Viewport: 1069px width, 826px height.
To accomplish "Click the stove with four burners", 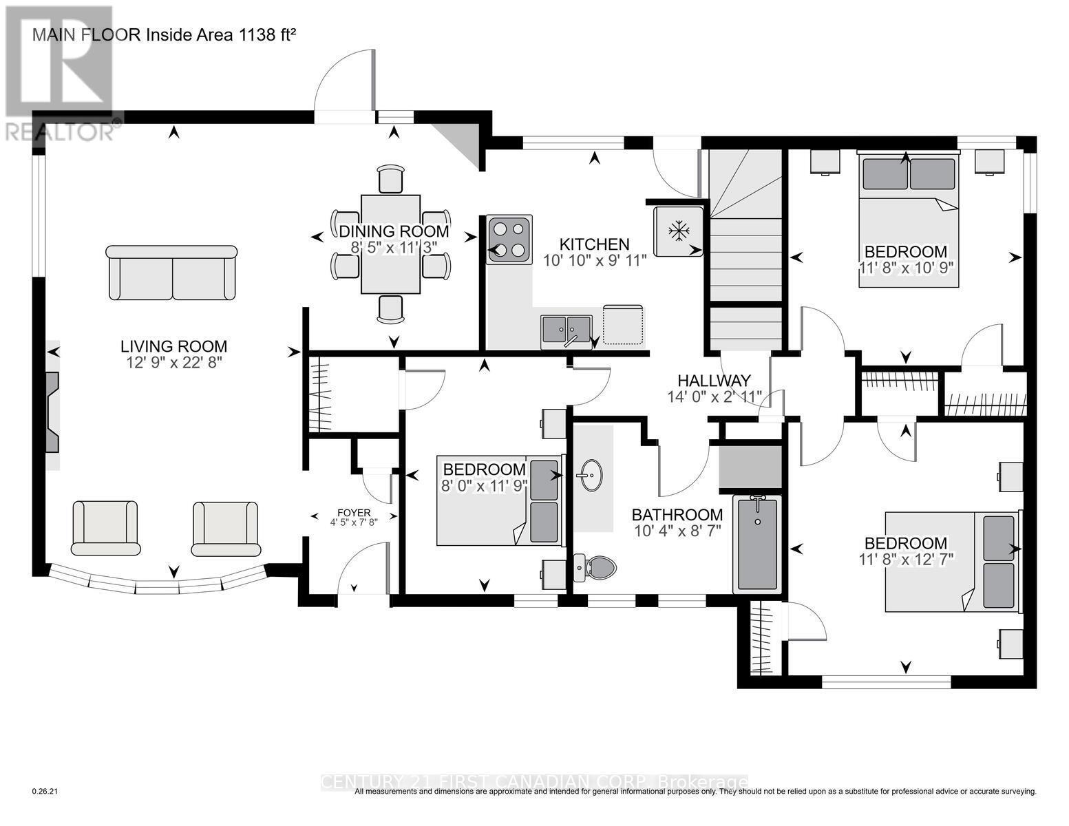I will click(x=509, y=240).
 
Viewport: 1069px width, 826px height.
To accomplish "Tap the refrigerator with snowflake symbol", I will click(x=679, y=231).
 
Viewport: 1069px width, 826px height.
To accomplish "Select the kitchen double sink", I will click(x=566, y=329).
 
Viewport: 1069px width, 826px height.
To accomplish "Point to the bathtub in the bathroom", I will click(x=758, y=544).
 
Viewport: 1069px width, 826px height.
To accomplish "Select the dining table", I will click(x=390, y=244).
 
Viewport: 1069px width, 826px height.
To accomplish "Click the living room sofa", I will click(x=172, y=273).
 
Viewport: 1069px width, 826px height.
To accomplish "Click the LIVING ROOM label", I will click(x=173, y=346).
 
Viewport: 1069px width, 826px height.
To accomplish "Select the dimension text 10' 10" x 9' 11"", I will click(x=595, y=260).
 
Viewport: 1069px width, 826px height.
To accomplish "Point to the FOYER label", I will click(x=354, y=513).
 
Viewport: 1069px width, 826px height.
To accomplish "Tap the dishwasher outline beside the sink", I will click(x=624, y=324).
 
